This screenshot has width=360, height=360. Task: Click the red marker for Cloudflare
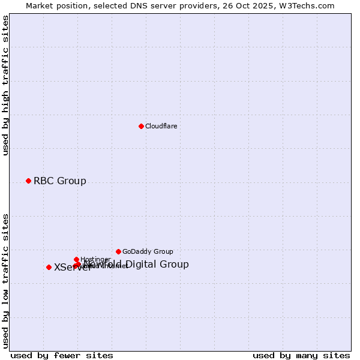[141, 126]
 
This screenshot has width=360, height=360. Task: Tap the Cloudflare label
[161, 126]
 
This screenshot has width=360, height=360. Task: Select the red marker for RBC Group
[28, 181]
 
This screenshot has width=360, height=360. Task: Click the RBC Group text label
[59, 181]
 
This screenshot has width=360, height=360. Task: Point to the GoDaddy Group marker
[118, 251]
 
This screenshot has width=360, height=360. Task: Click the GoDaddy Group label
[148, 252]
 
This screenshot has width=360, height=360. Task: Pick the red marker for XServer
[49, 267]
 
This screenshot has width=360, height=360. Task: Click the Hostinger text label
[95, 259]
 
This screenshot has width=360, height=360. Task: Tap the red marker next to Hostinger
[76, 259]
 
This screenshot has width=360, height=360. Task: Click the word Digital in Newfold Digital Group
[142, 265]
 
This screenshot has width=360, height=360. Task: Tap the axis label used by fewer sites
[62, 355]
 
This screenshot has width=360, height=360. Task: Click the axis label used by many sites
[301, 355]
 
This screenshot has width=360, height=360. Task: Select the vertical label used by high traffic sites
[6, 85]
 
